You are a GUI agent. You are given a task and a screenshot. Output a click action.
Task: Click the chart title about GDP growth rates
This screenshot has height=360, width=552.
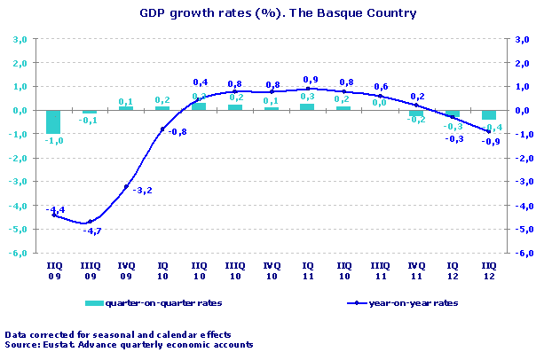(278, 13)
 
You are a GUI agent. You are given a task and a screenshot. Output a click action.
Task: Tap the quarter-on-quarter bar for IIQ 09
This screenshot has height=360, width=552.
(53, 122)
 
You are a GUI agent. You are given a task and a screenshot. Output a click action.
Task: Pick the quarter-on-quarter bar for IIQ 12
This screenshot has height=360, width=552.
(489, 115)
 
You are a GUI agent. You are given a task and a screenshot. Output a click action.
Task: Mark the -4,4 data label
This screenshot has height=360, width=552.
(54, 209)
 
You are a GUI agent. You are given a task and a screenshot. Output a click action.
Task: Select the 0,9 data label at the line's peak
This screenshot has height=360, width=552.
(311, 79)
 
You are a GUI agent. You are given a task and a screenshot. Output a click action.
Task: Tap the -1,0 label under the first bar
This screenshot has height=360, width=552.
(54, 140)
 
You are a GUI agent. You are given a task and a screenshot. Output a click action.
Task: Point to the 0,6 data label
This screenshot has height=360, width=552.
(381, 86)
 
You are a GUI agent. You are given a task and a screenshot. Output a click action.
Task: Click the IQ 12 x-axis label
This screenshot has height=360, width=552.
(453, 270)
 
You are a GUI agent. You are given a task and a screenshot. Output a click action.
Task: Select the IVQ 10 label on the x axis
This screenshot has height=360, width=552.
(271, 270)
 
